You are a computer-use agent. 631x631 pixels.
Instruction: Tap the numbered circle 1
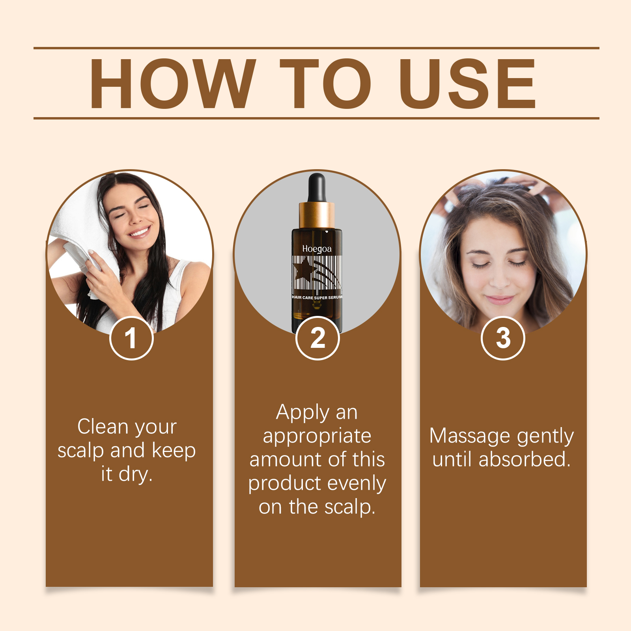[131, 338]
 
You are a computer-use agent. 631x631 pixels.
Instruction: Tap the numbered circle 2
[317, 338]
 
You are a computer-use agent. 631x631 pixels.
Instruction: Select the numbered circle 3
[503, 338]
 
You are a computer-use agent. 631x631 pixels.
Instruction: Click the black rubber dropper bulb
[317, 187]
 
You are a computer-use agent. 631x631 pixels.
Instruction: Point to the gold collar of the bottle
[317, 215]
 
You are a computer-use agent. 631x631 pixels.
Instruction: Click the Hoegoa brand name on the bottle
[317, 249]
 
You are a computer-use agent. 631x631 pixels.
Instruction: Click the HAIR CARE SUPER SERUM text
[317, 297]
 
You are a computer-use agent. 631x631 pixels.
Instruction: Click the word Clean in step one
[103, 427]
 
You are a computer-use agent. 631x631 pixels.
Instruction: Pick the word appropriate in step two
[317, 436]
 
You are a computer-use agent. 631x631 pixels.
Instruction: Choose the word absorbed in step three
[524, 460]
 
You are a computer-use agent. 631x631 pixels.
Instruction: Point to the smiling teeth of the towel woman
[140, 231]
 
